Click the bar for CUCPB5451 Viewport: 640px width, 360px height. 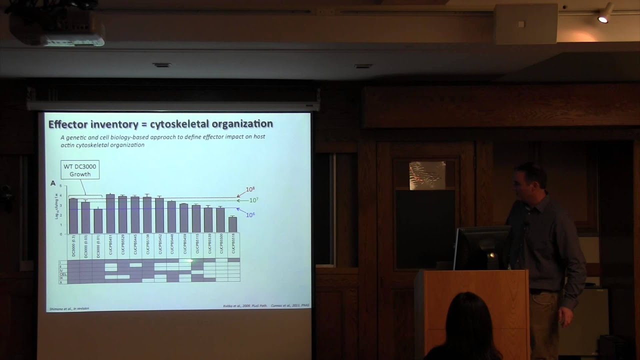110,213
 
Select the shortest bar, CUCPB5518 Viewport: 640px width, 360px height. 232,224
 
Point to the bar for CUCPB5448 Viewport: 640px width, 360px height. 171,217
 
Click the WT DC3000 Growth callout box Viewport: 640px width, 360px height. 80,170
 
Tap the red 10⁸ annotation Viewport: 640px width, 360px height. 250,189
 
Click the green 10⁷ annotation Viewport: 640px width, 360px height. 253,200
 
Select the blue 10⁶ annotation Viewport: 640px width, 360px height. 250,214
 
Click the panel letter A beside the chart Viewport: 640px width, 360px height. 53,183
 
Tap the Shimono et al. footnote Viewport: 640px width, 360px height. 69,308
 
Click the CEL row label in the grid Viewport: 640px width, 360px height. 63,274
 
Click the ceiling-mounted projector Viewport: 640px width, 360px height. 57,27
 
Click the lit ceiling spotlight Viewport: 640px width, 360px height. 603,18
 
